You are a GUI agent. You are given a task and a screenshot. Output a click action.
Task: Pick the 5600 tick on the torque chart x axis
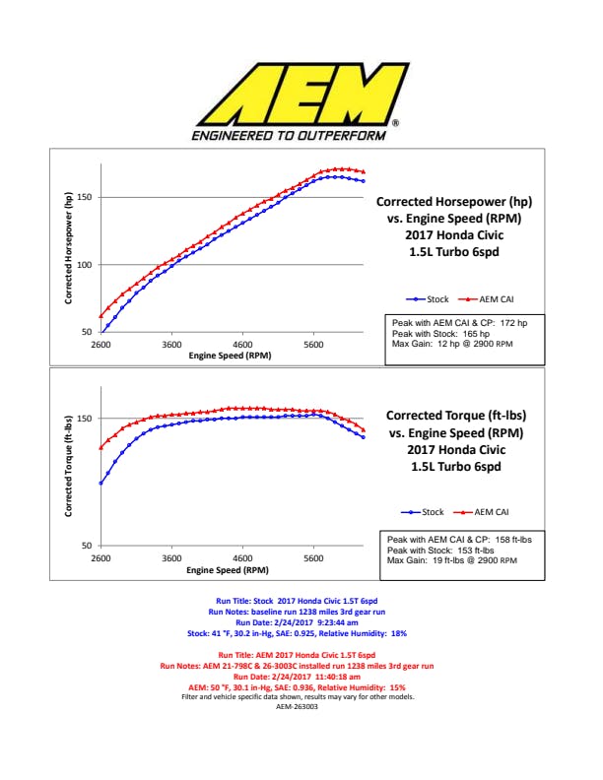[313, 557]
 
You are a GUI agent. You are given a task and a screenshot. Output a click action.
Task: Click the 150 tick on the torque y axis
[85, 419]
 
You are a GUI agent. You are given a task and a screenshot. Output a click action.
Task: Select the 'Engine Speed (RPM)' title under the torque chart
[228, 569]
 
